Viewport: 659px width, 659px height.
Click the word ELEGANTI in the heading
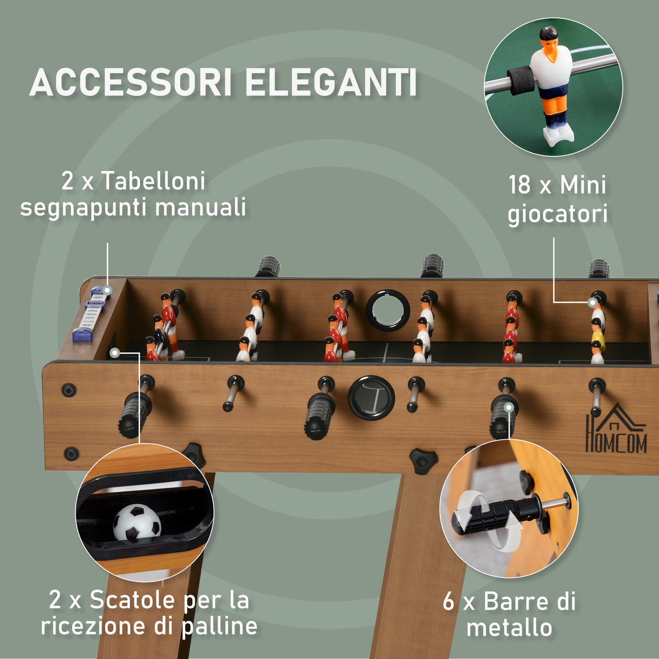(331, 83)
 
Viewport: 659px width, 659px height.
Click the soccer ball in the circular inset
(137, 522)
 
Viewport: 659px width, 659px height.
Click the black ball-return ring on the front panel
(371, 398)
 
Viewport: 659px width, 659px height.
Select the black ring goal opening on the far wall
(388, 310)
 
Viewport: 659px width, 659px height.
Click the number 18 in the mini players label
(519, 185)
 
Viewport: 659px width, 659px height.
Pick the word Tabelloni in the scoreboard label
(154, 181)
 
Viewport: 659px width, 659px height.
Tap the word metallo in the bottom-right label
(509, 628)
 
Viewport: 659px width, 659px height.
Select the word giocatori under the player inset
(557, 213)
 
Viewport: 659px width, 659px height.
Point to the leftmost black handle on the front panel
(134, 413)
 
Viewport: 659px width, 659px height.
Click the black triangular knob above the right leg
(422, 460)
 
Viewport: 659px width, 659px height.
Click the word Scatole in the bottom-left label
(132, 600)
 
